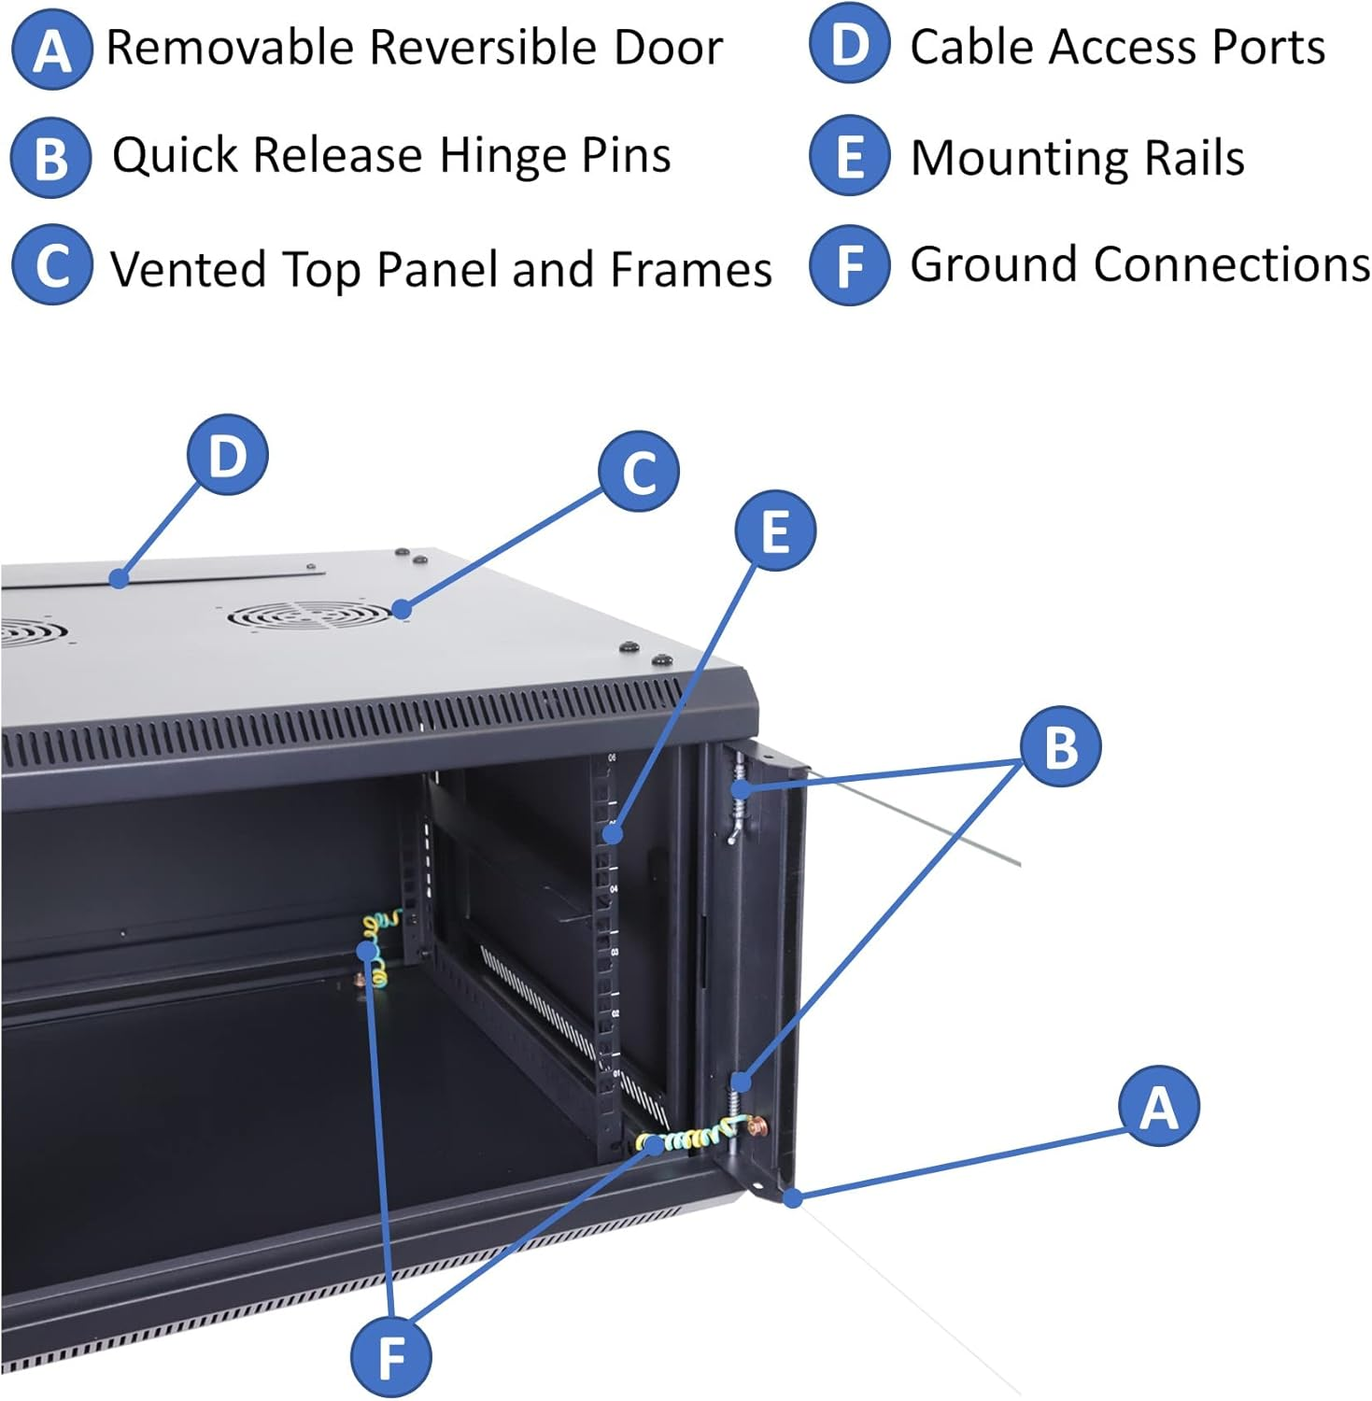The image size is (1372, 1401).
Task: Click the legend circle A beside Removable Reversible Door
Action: coord(51,50)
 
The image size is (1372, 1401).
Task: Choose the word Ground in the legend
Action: coord(995,264)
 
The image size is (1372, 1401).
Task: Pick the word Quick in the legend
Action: coord(174,155)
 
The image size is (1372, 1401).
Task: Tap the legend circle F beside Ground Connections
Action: coord(849,265)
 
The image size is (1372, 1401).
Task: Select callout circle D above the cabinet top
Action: coord(227,456)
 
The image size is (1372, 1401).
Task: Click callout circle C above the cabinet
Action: coord(639,472)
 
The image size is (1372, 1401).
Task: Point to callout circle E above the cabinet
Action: coord(774,531)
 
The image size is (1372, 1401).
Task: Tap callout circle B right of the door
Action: coord(1060,746)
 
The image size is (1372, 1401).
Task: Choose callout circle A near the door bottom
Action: coord(1158,1107)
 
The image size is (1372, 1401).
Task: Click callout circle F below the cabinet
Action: coord(390,1356)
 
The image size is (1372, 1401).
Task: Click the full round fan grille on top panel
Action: coord(309,616)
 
